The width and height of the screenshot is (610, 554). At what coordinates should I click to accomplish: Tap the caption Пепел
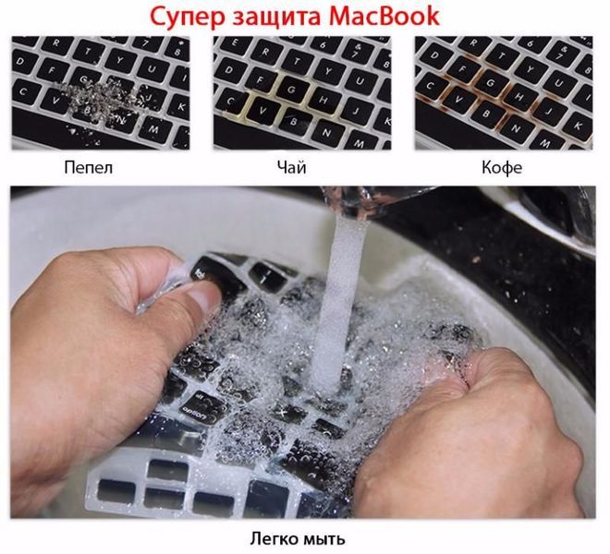(x=90, y=168)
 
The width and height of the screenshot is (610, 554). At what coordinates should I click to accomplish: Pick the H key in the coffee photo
(x=517, y=90)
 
